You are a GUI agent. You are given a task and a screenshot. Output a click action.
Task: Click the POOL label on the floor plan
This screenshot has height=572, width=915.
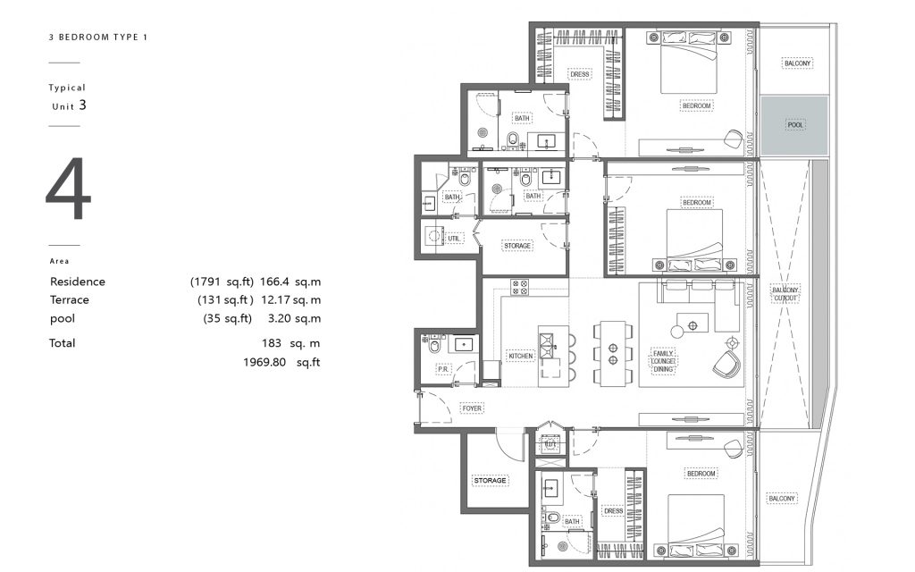[794, 125]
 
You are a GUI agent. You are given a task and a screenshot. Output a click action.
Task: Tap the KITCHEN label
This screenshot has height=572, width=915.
[521, 356]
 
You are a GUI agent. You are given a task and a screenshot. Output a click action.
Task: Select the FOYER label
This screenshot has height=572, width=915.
[472, 408]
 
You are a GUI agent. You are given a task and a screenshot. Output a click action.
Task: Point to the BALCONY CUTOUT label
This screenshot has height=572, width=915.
[785, 293]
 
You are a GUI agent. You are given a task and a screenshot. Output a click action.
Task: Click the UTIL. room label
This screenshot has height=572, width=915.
[454, 238]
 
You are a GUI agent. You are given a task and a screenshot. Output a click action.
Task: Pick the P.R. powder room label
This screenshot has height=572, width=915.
[443, 369]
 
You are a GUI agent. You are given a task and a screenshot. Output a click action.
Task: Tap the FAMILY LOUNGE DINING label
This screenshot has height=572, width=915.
[663, 361]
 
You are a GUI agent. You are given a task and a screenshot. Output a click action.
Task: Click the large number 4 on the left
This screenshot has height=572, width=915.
[68, 189]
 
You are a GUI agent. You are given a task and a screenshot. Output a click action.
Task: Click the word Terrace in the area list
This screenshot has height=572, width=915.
[70, 299]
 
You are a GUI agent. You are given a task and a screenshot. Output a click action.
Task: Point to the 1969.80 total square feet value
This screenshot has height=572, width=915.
[281, 362]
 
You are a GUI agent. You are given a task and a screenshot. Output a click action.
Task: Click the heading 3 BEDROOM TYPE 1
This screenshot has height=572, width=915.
[98, 37]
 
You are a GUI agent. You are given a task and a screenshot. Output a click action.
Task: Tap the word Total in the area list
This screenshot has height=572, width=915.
[62, 342]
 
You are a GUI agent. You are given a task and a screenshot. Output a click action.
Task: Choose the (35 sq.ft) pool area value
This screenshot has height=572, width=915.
[228, 319]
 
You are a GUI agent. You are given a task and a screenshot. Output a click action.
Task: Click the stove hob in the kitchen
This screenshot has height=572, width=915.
[519, 287]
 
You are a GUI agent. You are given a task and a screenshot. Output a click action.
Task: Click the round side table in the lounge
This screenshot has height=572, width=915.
[677, 332]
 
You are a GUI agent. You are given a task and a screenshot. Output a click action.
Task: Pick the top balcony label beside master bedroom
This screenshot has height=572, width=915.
[797, 63]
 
